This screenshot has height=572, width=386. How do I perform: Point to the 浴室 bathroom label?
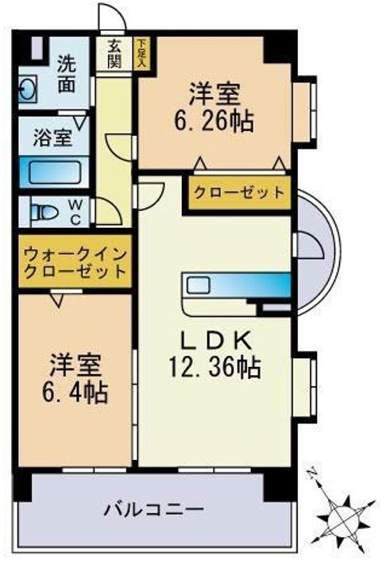(52, 137)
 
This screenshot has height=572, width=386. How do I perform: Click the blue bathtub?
(49, 173)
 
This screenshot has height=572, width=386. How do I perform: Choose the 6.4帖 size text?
(77, 392)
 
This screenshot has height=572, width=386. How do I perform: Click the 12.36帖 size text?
(214, 367)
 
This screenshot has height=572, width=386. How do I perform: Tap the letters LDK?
(214, 341)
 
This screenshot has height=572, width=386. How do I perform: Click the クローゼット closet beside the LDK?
(237, 192)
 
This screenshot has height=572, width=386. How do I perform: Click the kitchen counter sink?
(198, 284)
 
